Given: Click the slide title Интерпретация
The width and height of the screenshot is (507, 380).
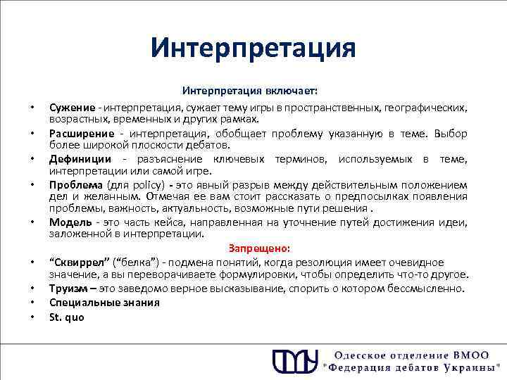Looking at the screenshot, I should [254, 49].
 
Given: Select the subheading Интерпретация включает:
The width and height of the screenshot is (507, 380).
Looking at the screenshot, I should [250, 91].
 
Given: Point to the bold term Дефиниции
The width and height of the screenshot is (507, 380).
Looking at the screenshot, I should [78, 160].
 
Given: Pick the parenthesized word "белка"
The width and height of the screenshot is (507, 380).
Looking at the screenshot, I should [127, 262].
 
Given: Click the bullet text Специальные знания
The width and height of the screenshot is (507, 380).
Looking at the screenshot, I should [94, 302].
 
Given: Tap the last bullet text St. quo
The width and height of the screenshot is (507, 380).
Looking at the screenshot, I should [66, 317].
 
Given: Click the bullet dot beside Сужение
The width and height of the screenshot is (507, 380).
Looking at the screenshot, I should [32, 108].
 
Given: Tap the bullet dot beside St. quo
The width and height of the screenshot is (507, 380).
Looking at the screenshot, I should [32, 317].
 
